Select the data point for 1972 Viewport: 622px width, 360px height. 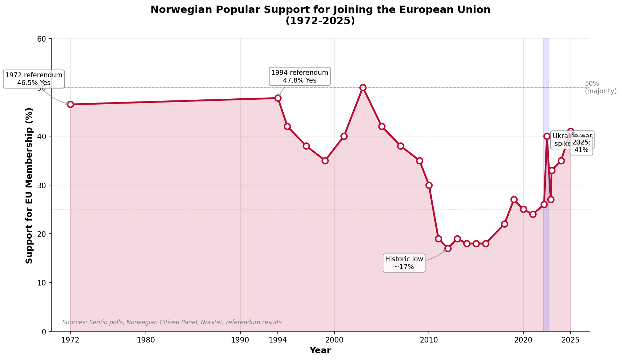(x=70, y=104)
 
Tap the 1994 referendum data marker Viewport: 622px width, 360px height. (x=278, y=98)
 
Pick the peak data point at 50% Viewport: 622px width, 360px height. (x=363, y=87)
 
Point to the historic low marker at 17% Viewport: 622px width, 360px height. (x=448, y=248)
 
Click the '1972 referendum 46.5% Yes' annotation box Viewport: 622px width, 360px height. (x=34, y=79)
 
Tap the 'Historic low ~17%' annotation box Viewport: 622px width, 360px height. (x=404, y=263)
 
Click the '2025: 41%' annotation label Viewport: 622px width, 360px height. (x=581, y=146)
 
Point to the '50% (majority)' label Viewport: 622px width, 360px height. (x=600, y=87)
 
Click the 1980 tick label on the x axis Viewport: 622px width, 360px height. (x=146, y=340)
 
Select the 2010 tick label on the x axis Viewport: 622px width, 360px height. (x=429, y=340)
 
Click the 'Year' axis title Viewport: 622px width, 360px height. (x=320, y=351)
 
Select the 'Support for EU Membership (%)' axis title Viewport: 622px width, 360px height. (x=29, y=185)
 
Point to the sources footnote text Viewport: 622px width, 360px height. (x=172, y=322)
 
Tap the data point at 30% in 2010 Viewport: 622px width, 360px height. (x=429, y=185)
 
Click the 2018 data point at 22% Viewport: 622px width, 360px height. (x=504, y=224)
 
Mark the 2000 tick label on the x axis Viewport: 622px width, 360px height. (x=334, y=340)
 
